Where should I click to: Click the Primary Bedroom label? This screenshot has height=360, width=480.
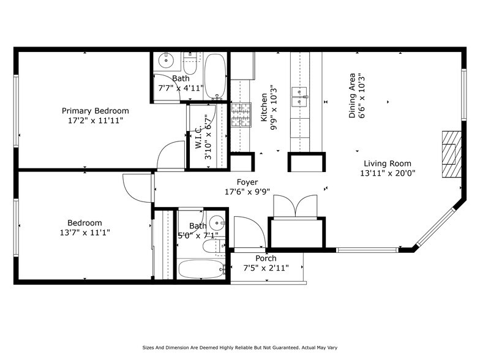point(95,111)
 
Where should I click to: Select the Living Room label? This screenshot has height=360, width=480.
point(388,163)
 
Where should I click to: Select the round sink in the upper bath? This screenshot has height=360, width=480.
point(166,61)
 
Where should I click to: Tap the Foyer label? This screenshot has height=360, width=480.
point(247,182)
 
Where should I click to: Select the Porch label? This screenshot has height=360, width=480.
point(266,259)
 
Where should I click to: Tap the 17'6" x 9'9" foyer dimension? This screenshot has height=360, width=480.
point(247,192)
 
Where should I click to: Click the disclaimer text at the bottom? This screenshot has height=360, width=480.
point(239,346)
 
